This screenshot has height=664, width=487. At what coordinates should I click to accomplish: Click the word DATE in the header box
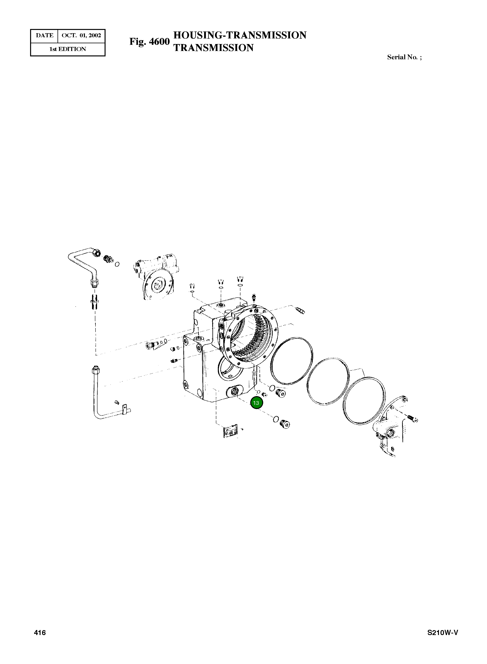coord(45,36)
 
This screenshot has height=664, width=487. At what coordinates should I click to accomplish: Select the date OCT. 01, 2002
coord(81,36)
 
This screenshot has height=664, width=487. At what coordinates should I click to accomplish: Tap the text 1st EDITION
coord(68,49)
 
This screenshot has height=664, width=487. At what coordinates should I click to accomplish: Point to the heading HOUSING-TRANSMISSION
coord(240,35)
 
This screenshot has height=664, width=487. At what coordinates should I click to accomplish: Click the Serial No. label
coord(404,57)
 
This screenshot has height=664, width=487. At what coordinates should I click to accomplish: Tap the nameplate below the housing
coord(231,431)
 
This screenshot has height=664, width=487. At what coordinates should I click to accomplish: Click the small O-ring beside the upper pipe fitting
coord(117,264)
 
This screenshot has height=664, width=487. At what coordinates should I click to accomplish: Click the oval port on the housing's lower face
coord(234,392)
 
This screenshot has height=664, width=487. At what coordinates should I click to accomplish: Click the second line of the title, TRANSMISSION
coord(213,48)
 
